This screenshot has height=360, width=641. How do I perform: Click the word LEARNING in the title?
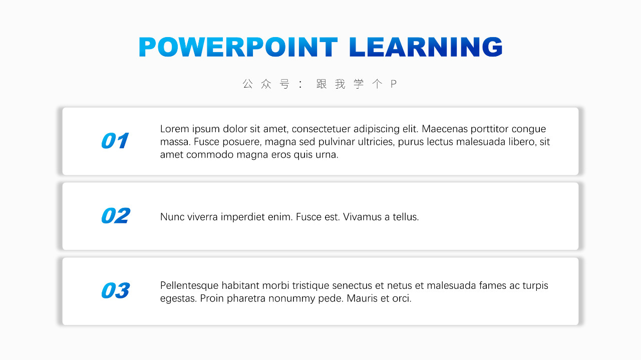[426, 47]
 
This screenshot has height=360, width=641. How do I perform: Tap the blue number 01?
[115, 141]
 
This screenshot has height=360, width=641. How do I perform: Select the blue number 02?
[116, 215]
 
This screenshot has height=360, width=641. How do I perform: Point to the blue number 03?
[116, 290]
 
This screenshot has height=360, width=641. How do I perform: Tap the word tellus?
[406, 217]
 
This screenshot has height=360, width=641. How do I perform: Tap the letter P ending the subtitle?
[394, 84]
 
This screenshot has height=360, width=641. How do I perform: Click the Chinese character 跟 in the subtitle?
[322, 84]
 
